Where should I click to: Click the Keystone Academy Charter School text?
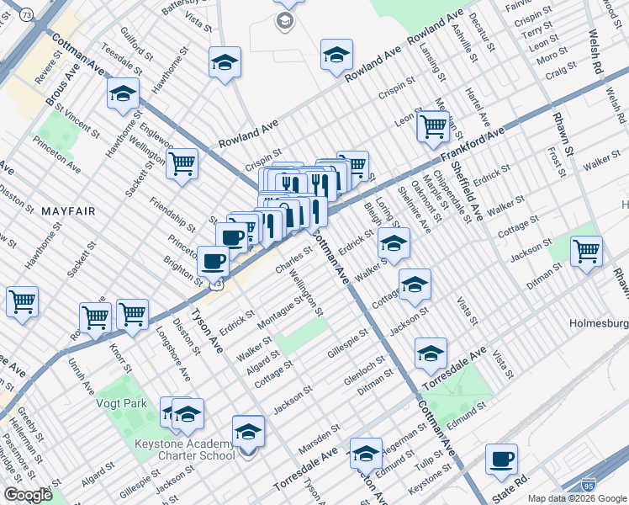coord(185,450)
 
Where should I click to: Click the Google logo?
coord(28,495)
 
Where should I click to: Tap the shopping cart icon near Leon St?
coord(433,126)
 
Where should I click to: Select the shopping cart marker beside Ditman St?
coord(586,250)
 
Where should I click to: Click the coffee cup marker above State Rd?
coord(502,459)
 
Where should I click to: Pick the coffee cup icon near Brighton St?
coord(214,260)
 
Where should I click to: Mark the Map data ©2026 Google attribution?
coord(575,498)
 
